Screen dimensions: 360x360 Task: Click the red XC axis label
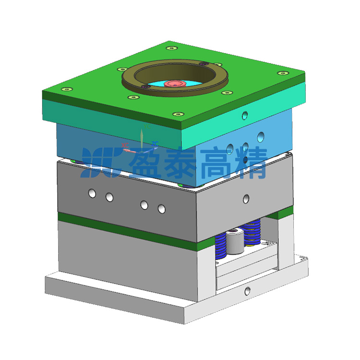coord(125,145)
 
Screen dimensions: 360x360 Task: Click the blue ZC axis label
coord(155,144)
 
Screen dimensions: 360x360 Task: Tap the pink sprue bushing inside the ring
coord(175,84)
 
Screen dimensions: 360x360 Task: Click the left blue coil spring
coord(220,246)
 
